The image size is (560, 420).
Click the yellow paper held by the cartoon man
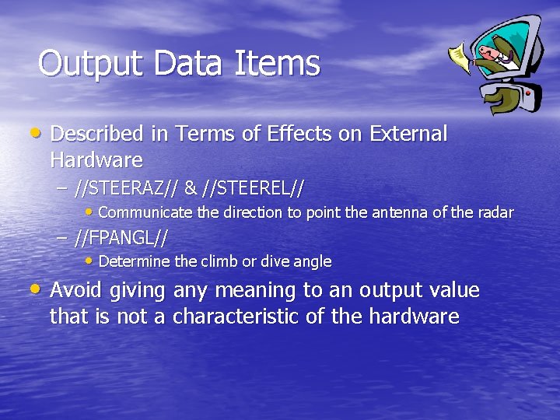(x=460, y=57)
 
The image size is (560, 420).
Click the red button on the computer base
(x=529, y=93)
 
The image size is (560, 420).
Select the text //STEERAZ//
(x=128, y=188)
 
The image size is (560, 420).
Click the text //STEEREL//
(x=253, y=188)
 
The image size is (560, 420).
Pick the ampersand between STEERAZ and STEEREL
(x=191, y=188)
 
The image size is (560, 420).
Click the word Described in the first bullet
(x=97, y=135)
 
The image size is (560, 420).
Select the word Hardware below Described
(x=96, y=160)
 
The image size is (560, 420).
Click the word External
(x=408, y=135)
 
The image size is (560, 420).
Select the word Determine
(x=129, y=261)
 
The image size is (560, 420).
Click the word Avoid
(x=76, y=291)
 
